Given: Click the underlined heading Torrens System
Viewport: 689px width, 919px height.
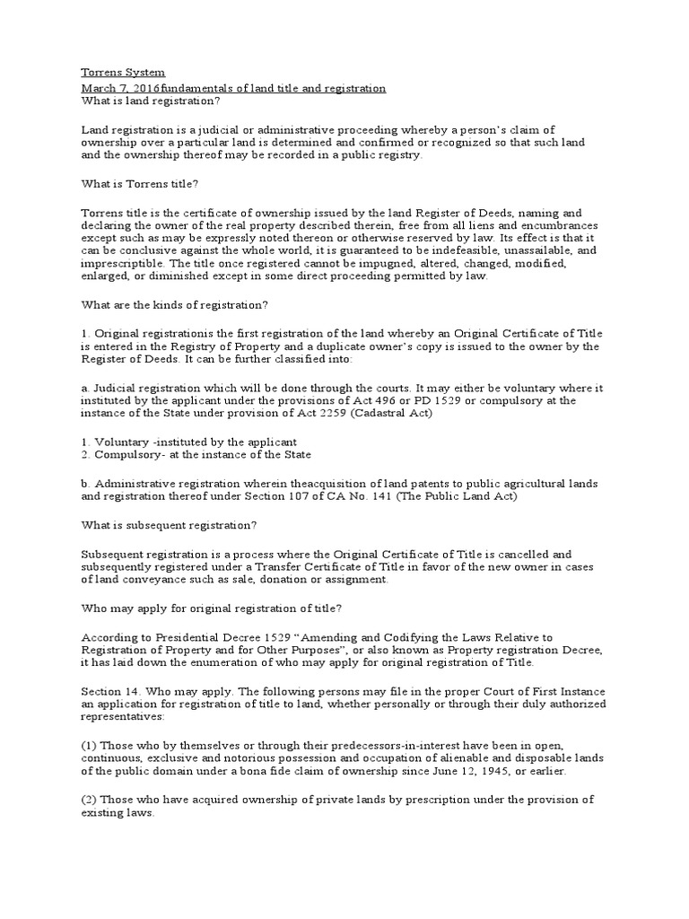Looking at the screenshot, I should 123,72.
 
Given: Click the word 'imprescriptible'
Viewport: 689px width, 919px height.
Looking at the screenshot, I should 122,265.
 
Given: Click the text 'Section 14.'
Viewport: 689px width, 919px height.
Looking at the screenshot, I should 112,692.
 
